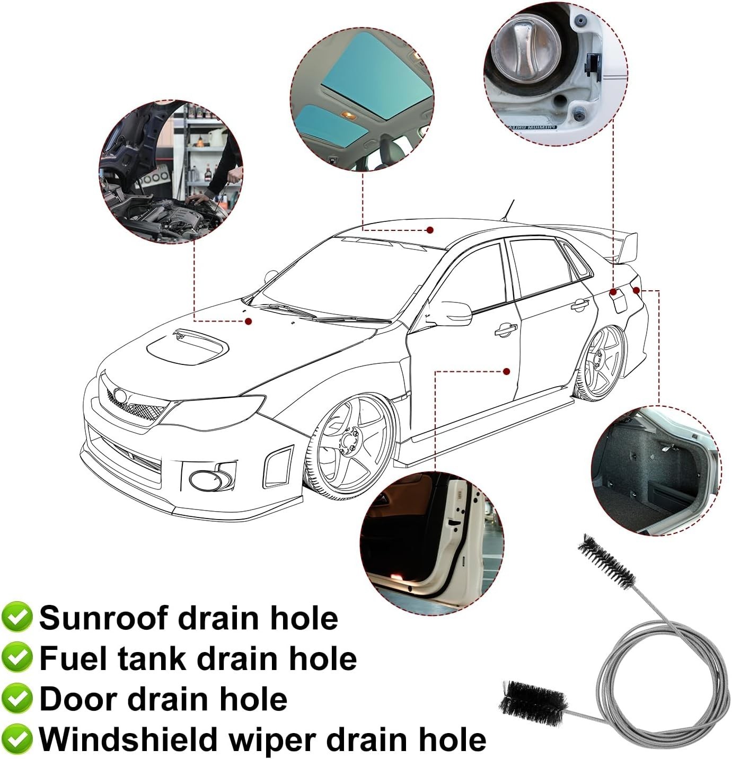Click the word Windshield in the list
point(129,739)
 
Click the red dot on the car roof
point(430,230)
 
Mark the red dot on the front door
point(507,371)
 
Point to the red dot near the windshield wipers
point(248,322)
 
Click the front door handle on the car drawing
point(506,329)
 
